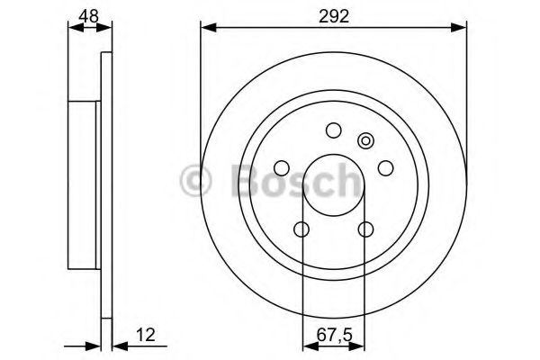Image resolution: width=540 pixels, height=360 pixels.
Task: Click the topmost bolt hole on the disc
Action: (333, 130)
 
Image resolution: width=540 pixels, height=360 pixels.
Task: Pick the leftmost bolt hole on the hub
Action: (281, 167)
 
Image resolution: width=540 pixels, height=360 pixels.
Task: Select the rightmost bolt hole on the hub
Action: (386, 167)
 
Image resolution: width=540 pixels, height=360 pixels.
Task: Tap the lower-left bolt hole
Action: (301, 229)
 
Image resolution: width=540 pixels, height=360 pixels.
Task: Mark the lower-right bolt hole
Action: (365, 229)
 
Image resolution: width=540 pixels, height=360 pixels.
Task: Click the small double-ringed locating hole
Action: (365, 140)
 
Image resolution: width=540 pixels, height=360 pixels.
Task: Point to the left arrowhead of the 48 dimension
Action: (75, 27)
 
